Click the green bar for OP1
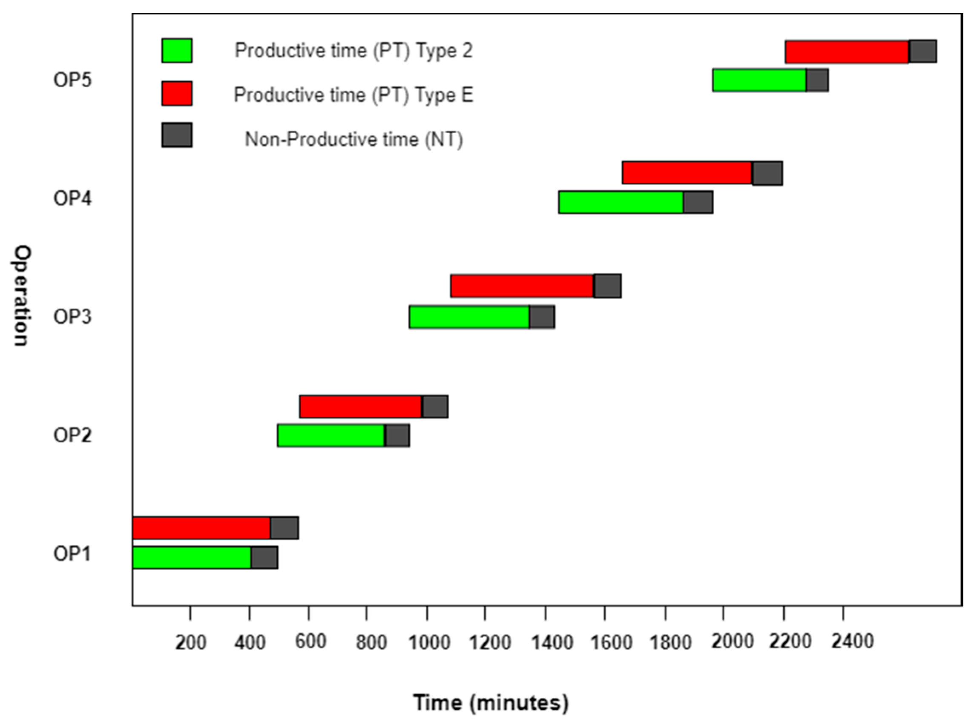pos(192,557)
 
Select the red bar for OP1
pos(201,528)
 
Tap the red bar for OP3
pos(522,286)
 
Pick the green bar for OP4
pos(621,202)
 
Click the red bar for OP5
pos(847,52)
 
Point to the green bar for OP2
pos(331,436)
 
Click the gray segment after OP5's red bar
pos(922,52)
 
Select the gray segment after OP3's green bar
pos(542,317)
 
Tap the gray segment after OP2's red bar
pos(435,407)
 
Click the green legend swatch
pos(176,51)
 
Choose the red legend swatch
pos(176,93)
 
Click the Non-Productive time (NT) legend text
pos(353,140)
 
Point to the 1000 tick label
pos(429,642)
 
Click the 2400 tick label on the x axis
pos(852,642)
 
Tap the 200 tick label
pos(190,643)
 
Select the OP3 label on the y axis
pos(72,316)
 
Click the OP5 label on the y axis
pos(72,80)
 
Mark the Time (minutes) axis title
pos(491,702)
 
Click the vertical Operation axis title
pos(21,296)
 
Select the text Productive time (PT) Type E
pos(353,95)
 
